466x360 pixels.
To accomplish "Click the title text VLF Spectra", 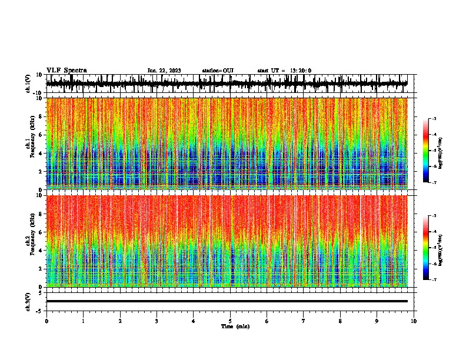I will [x=66, y=71].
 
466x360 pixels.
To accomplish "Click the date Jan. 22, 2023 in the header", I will [x=164, y=71].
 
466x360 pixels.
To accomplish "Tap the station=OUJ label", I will [x=218, y=71].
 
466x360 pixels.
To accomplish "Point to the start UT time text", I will [x=284, y=71].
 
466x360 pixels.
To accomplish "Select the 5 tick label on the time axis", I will [x=230, y=321].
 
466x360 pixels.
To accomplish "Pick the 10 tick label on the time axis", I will [x=414, y=321].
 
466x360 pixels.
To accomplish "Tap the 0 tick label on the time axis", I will [x=46, y=321].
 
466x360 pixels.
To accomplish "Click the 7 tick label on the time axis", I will [x=304, y=321].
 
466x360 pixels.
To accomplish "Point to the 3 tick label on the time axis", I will [x=157, y=321].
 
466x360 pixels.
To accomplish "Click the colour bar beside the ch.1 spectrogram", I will [x=426, y=151].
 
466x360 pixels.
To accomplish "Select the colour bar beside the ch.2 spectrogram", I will [x=426, y=248].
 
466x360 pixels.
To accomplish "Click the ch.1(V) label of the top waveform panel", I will [x=29, y=84].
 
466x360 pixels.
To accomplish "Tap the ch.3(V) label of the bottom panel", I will [x=29, y=301].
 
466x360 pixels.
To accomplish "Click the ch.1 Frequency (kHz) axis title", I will [x=30, y=143].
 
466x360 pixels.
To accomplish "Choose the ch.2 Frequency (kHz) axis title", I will [x=30, y=240].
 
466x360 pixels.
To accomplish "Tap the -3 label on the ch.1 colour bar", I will [x=434, y=119].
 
